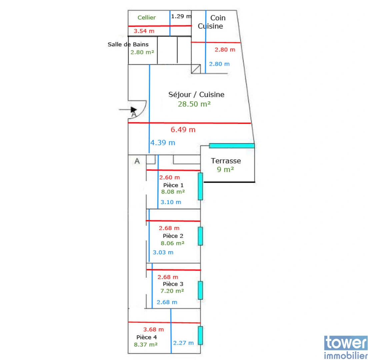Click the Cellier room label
coord(146,18)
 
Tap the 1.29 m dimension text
coord(181,16)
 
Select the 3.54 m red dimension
coord(144,31)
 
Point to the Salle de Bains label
coord(128,44)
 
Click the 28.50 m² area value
coord(194,104)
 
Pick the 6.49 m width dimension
coord(183,130)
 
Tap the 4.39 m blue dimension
coord(163,142)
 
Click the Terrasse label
coord(226,161)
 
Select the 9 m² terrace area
coord(225,169)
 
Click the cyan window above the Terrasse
coord(232,146)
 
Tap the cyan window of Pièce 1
coord(200,186)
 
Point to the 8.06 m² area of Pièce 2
coord(173,243)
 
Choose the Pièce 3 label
coord(173,284)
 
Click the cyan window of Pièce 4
coord(200,335)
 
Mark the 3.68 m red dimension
coord(153,329)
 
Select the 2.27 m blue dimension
coord(183,343)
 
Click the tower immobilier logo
coord(346,347)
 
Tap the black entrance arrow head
coord(134,110)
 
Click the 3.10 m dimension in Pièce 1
coord(171,202)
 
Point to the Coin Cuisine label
coord(211,22)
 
